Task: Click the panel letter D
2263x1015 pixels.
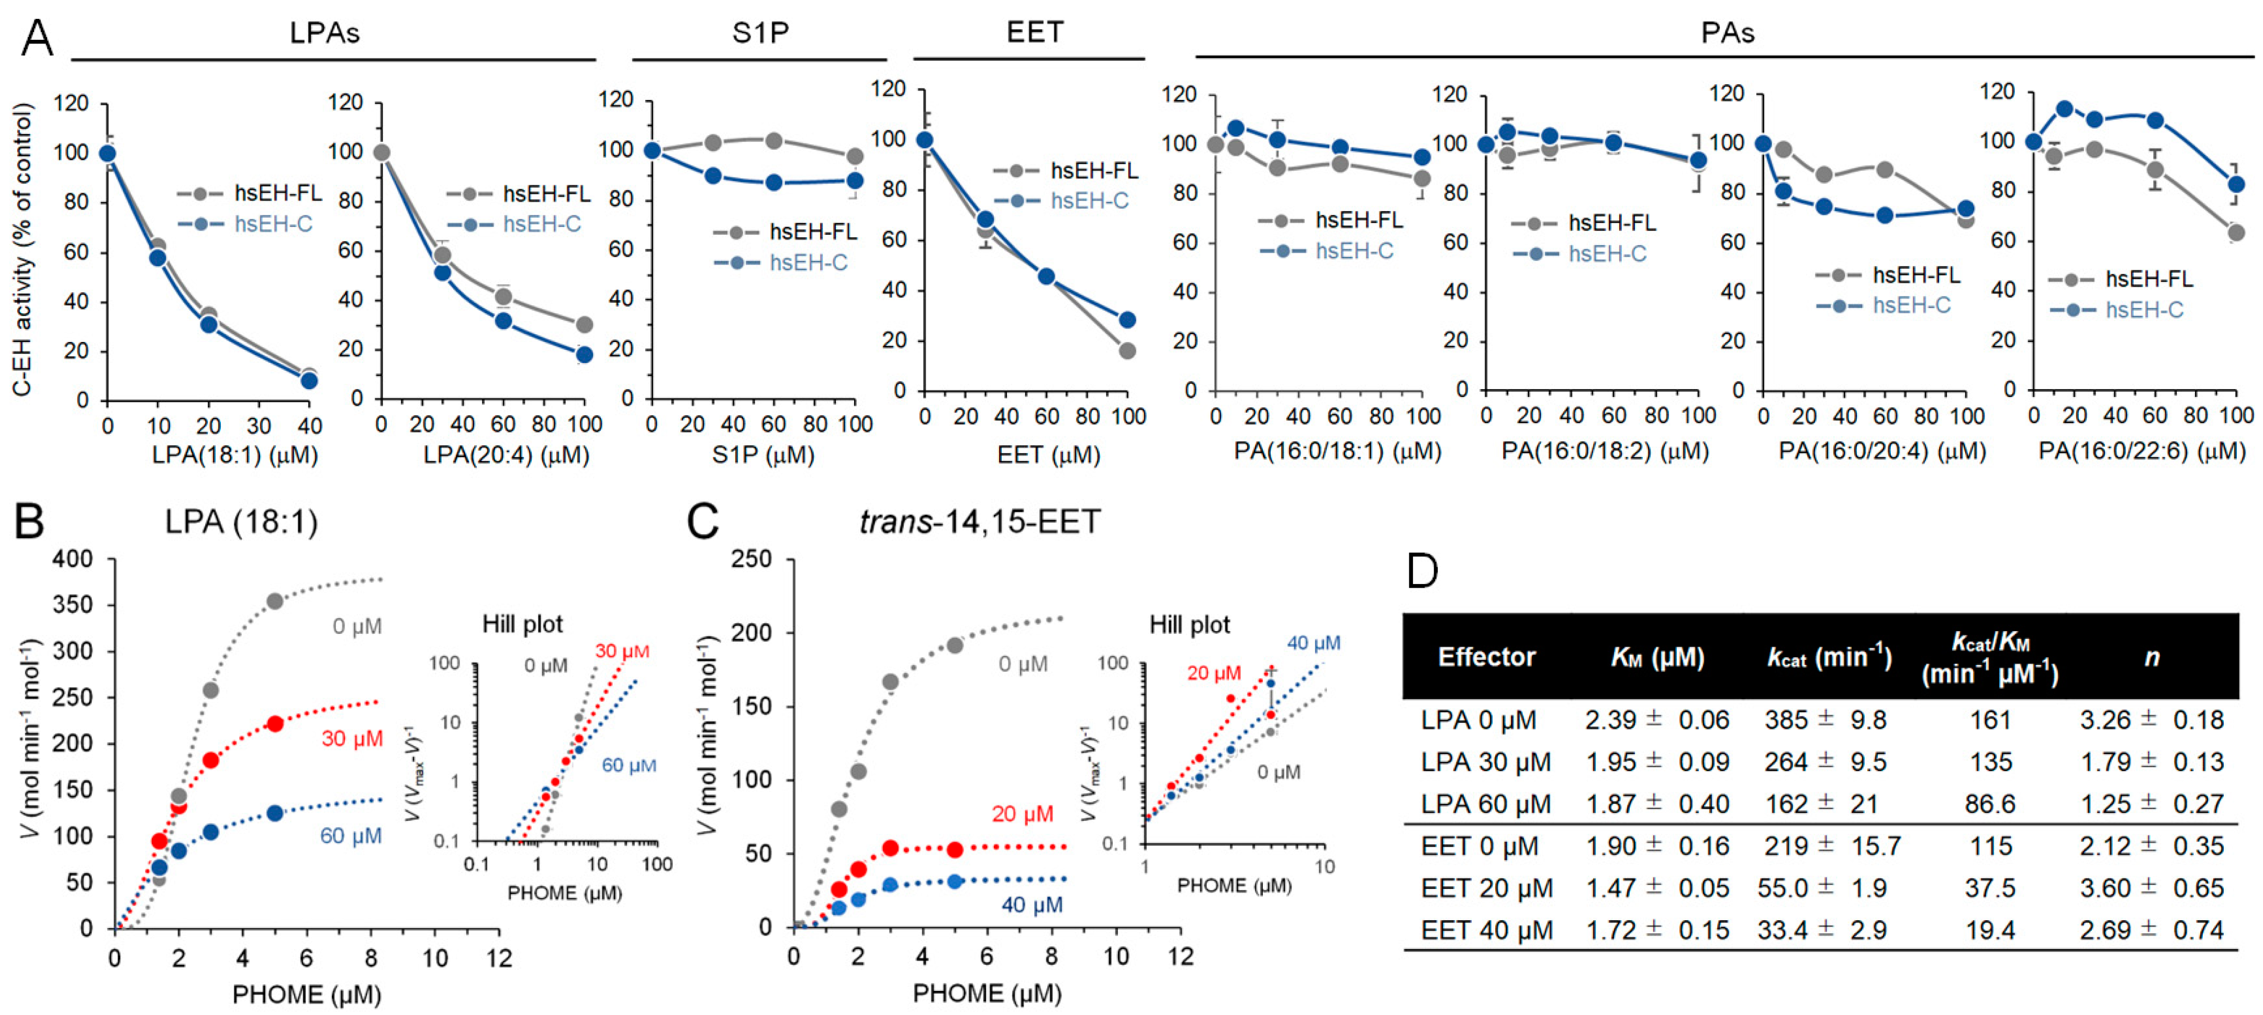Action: [x=1422, y=571]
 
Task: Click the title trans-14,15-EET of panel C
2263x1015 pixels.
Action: [x=980, y=522]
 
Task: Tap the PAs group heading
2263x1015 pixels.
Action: [x=1727, y=32]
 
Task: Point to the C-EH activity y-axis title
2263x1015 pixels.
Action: [x=23, y=250]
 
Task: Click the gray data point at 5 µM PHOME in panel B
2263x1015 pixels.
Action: [x=275, y=601]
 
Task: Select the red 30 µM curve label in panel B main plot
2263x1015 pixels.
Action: [x=351, y=738]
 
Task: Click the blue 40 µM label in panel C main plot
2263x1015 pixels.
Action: [x=1032, y=904]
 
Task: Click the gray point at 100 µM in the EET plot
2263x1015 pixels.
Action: [x=1127, y=350]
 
